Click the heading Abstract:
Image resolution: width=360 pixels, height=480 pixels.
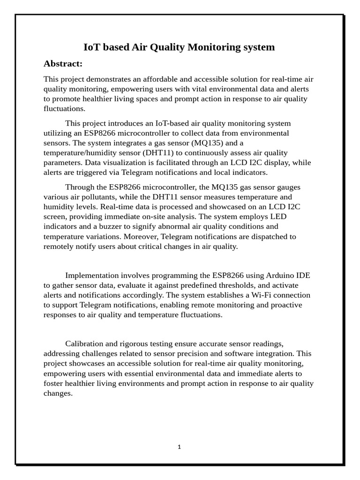(63, 64)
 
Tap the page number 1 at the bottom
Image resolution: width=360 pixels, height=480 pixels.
(179, 447)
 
